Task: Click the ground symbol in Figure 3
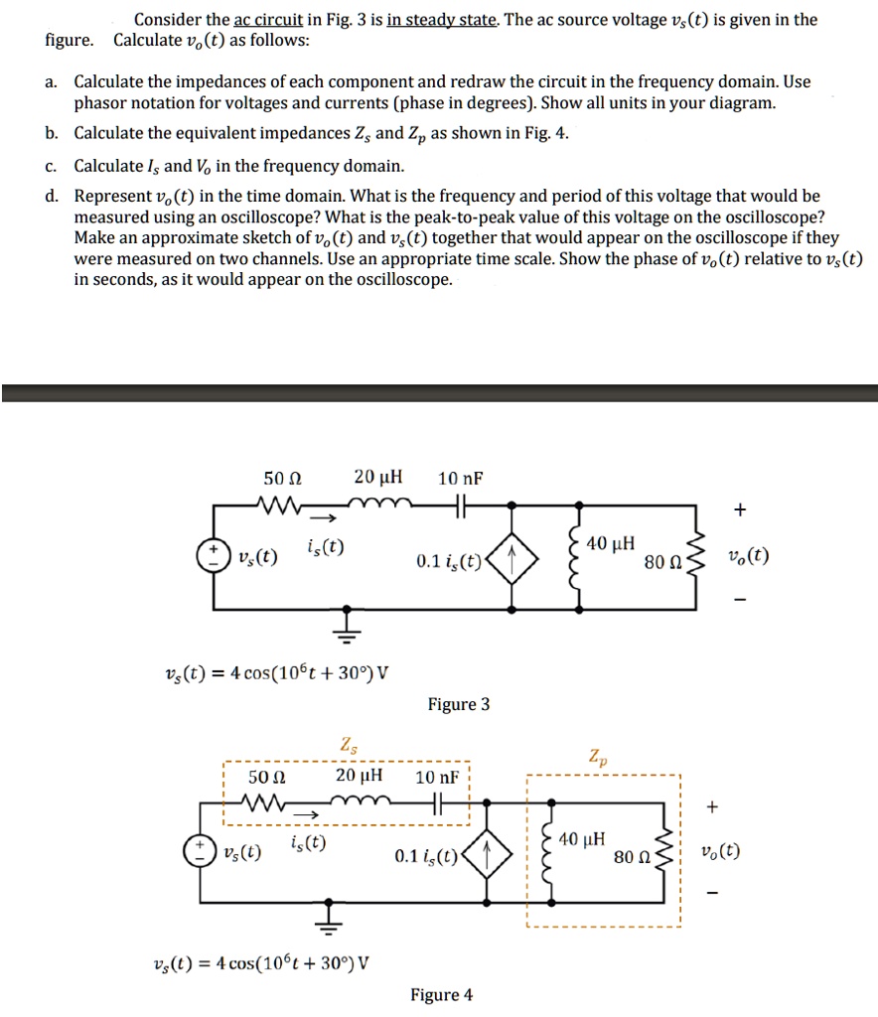coord(348,621)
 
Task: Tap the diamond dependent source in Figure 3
coord(512,560)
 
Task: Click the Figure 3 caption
coord(459,704)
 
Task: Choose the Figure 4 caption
coord(442,995)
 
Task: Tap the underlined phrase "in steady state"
coord(439,19)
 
